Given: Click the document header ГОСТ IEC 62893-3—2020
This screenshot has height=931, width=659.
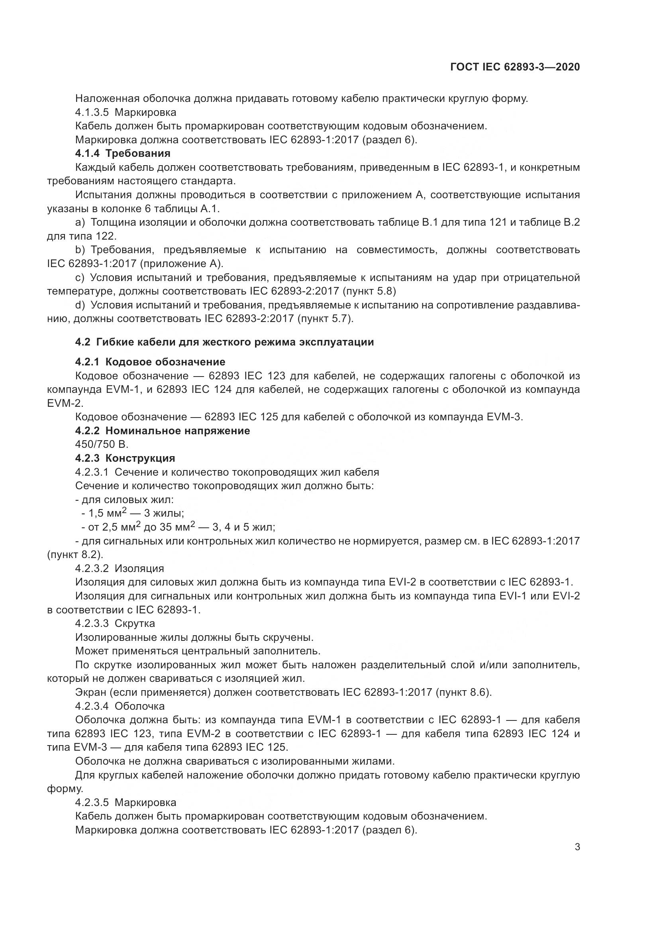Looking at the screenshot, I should point(514,67).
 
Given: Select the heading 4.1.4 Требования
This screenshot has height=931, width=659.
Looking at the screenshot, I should point(123,153).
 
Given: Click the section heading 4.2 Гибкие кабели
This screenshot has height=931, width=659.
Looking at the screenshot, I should point(224,342).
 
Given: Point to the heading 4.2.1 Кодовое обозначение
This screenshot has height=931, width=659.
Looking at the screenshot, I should point(150,362).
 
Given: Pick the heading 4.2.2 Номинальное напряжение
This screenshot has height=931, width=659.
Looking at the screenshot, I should point(162,431).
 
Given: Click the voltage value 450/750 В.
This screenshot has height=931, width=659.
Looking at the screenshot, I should point(102,445).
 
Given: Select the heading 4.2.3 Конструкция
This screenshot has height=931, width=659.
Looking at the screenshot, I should point(125,458).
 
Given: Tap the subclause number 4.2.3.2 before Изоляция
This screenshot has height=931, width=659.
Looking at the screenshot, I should point(92,568).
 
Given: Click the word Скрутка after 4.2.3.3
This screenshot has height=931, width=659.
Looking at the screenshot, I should point(135,623).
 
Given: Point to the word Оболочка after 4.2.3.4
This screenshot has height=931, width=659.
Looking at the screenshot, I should point(139,706).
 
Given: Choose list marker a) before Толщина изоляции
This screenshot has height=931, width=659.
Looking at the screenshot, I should point(80,222).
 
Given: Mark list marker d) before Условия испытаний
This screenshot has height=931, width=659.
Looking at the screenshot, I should point(80,305).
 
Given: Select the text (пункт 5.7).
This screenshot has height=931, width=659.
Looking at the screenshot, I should point(326,319).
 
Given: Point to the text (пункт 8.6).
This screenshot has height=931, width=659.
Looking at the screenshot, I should point(463,692).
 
